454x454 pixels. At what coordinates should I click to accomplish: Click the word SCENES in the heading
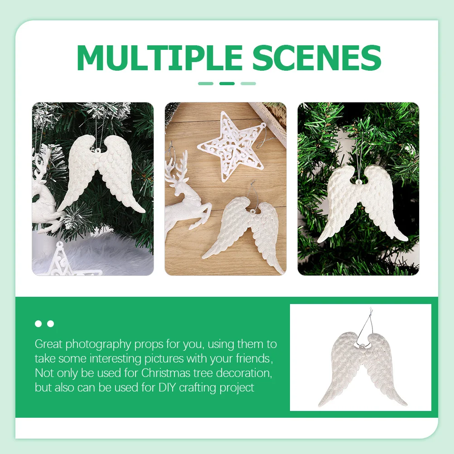(316, 58)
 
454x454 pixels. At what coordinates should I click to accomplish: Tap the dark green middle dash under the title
(227, 83)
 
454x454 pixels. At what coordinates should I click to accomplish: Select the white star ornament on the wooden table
(230, 146)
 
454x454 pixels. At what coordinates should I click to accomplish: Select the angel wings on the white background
(362, 367)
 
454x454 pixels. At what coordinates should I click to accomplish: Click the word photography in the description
(98, 344)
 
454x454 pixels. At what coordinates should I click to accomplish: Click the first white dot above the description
(38, 324)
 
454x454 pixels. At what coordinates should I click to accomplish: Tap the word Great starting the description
(48, 344)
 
